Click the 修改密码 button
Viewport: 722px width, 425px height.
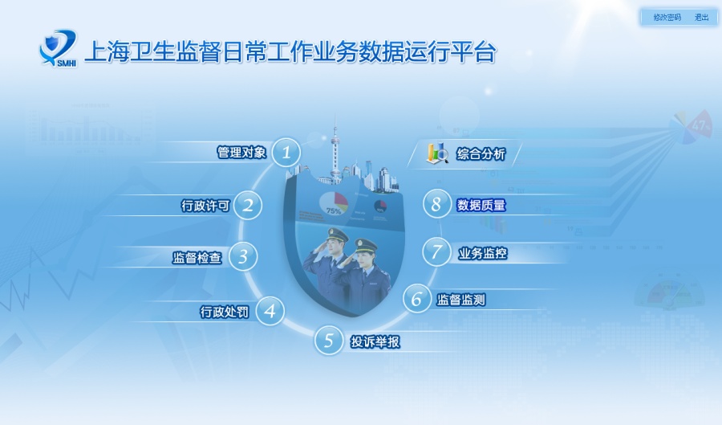pos(667,17)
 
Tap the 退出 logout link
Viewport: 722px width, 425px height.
pos(701,17)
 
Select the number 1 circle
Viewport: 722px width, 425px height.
pos(286,152)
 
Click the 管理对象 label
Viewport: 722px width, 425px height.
pos(241,152)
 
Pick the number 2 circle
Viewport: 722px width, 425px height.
pos(249,205)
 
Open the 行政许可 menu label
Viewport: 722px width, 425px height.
pos(205,206)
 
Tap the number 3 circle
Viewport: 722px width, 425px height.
pos(243,257)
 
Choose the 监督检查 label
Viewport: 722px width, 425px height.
pos(197,258)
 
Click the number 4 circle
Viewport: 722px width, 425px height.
pos(270,311)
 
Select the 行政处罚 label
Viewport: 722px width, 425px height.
pos(225,312)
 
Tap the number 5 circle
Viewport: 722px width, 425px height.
pos(328,341)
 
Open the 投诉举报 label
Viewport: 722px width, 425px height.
pos(375,341)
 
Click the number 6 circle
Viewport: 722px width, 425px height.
pos(416,299)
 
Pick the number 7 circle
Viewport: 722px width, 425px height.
pos(436,252)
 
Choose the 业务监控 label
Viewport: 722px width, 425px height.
pos(482,254)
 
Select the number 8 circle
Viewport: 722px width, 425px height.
pos(436,204)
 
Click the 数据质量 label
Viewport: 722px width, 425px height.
pos(481,205)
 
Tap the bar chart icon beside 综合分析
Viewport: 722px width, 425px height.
pos(437,153)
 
